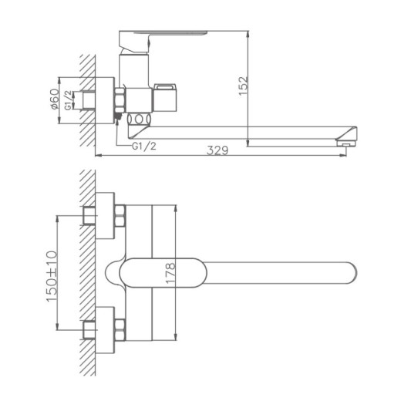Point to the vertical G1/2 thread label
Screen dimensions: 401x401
pos(69,99)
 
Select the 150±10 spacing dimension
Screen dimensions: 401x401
pos(52,275)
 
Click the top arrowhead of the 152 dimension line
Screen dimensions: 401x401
pos(247,35)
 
